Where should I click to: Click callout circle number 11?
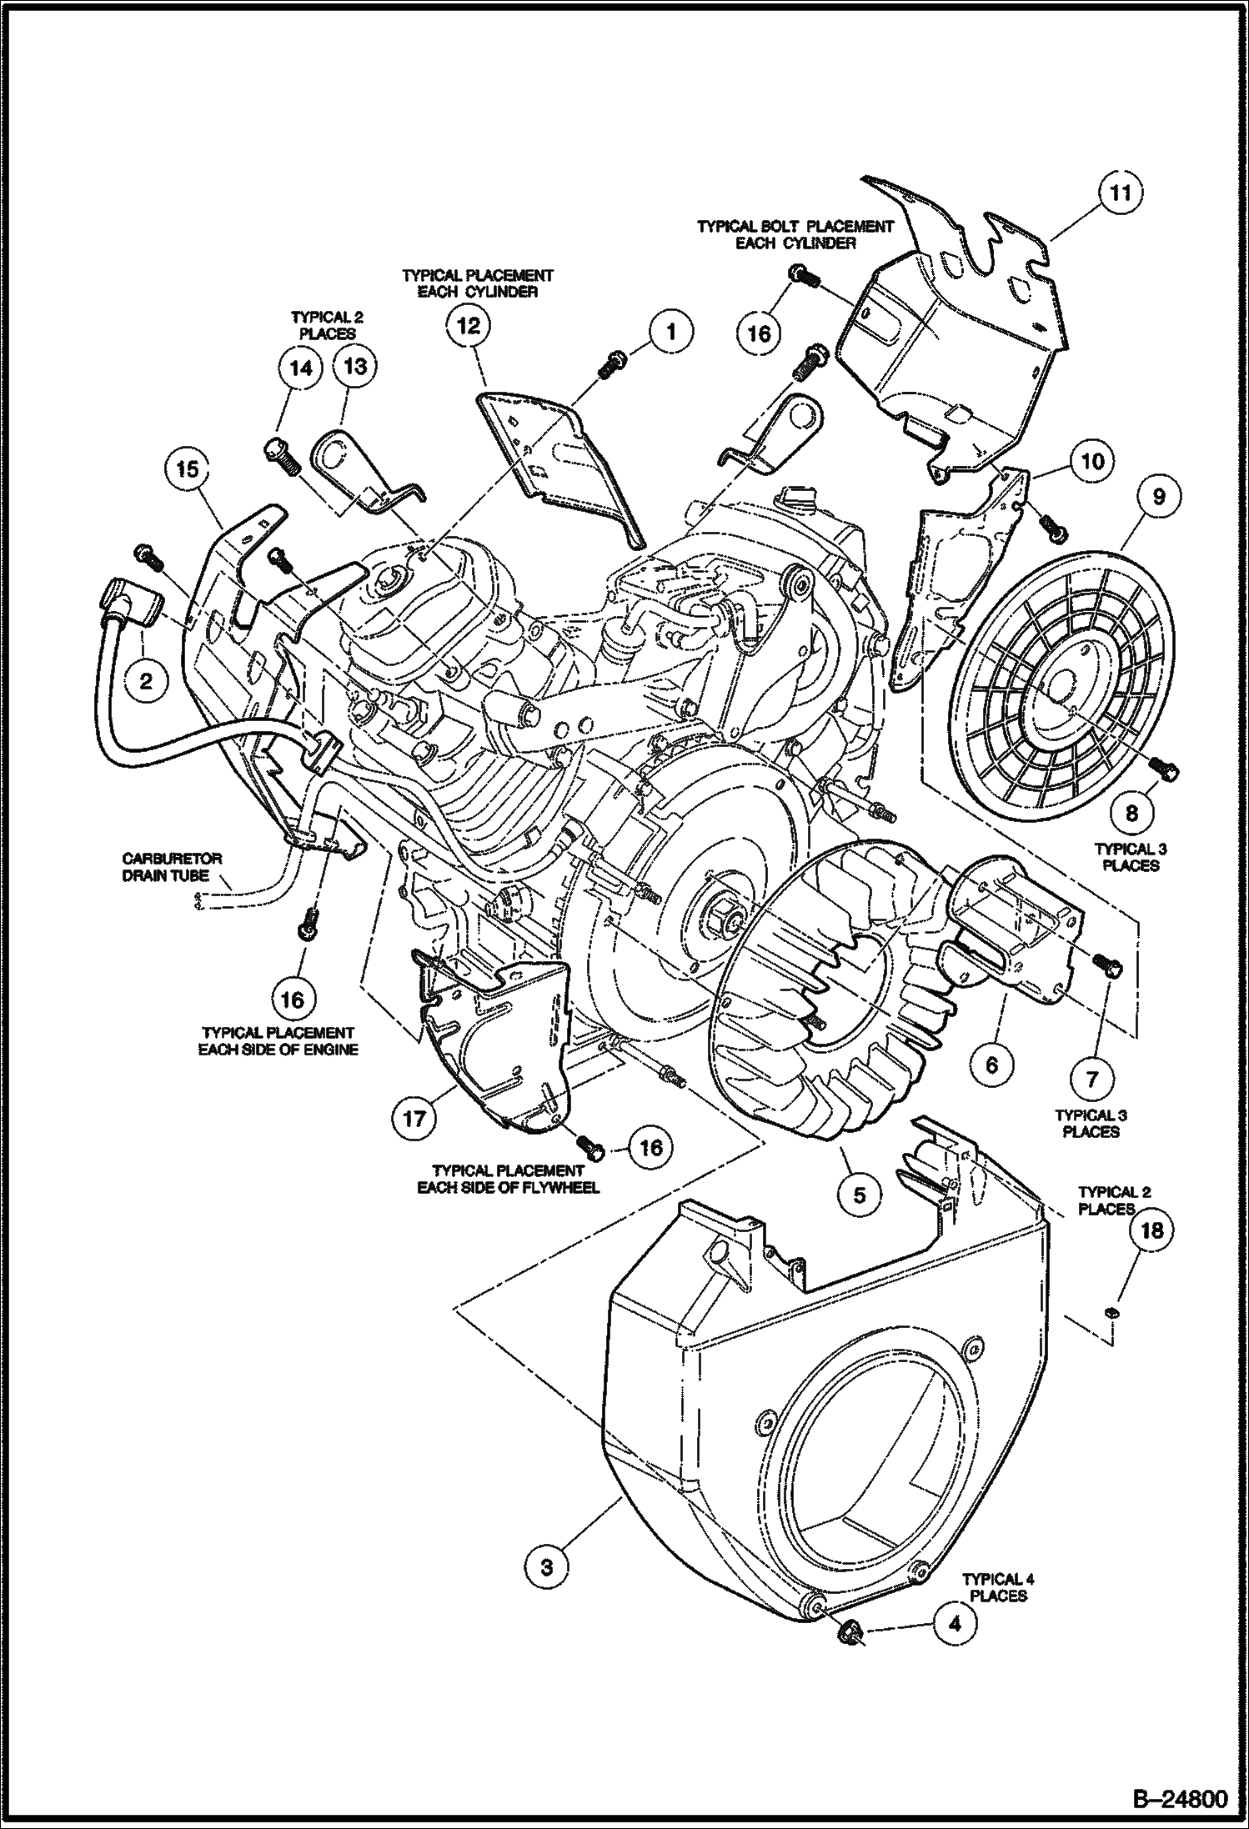click(1119, 193)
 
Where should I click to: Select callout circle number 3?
click(546, 1567)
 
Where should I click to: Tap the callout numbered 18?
click(1150, 1230)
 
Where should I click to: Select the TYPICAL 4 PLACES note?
click(998, 1587)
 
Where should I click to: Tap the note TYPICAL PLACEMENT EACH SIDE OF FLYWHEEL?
click(508, 1179)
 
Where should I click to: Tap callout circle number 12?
click(469, 326)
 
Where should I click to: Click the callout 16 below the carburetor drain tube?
click(293, 998)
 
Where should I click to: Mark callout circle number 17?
click(414, 1117)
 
